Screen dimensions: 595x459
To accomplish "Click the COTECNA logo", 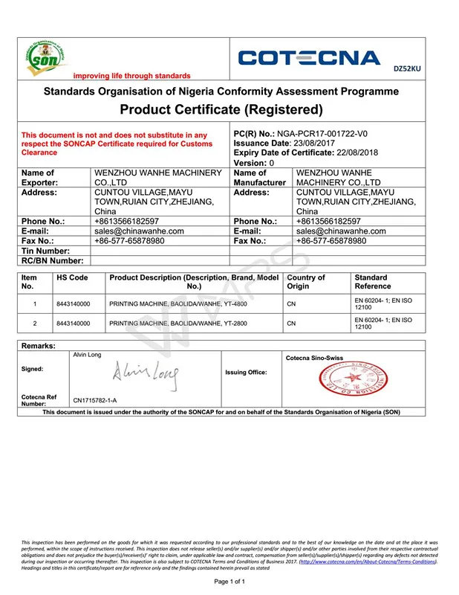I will pos(310,58).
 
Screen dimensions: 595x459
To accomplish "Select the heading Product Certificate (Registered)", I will pos(221,110).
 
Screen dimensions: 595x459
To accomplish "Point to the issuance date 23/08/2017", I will pos(330,143).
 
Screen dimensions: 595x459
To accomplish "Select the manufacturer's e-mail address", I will pos(341,231).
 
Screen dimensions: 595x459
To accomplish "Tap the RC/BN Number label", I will pos(52,260).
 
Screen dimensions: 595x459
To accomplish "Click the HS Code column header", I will pos(72,277).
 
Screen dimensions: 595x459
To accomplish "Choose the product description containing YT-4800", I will pos(178,304).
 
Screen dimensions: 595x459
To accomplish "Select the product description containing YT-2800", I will pos(178,324).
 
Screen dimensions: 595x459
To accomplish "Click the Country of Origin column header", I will pos(306,282).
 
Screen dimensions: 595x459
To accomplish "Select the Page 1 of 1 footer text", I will pos(229,581).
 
